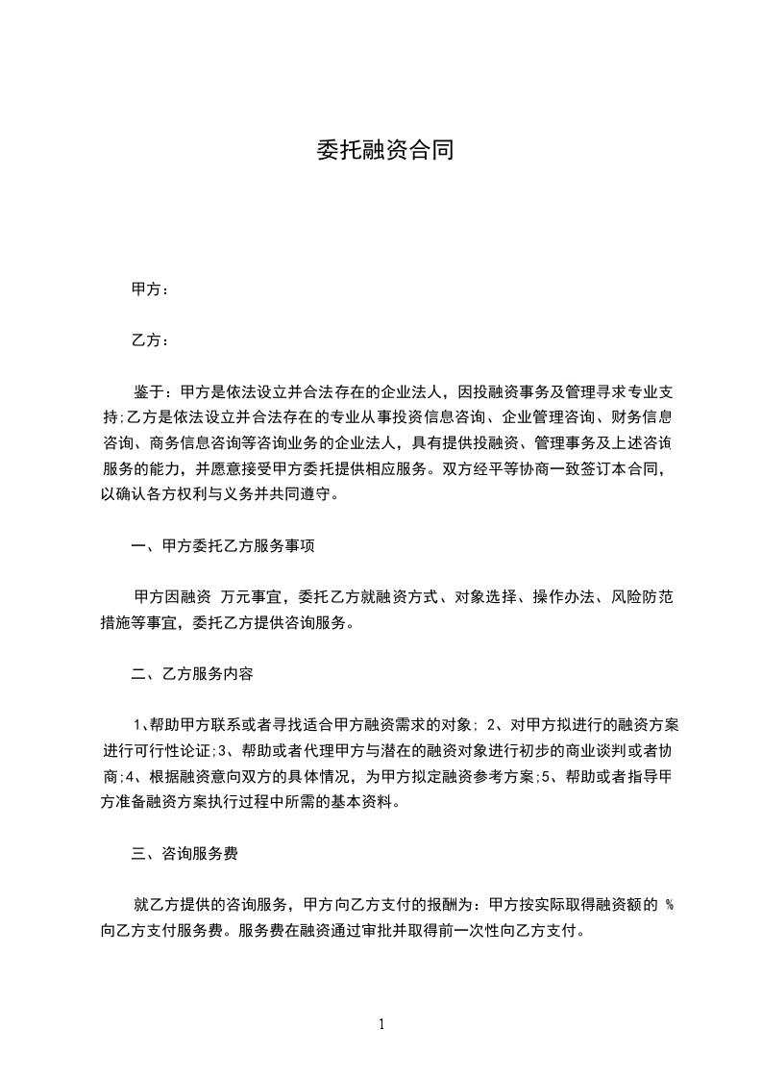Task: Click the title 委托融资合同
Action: pyautogui.click(x=384, y=150)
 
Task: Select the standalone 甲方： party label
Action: pyautogui.click(x=150, y=289)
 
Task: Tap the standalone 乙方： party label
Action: pyautogui.click(x=150, y=340)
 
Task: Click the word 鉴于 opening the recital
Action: pyautogui.click(x=147, y=391)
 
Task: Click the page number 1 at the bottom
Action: pyautogui.click(x=381, y=1024)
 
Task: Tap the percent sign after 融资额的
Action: pyautogui.click(x=669, y=905)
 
